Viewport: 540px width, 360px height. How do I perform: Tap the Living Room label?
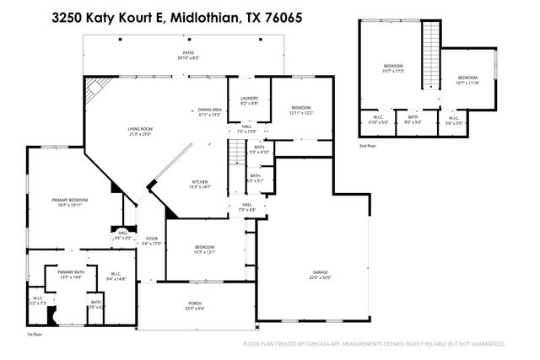(138, 131)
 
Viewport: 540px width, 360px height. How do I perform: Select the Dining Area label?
(209, 112)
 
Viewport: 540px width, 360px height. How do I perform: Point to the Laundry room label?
(248, 100)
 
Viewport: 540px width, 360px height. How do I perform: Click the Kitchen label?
(199, 185)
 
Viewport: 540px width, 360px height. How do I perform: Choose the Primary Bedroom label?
(65, 201)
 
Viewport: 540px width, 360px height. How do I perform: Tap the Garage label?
(320, 274)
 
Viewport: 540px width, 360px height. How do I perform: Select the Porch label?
(194, 306)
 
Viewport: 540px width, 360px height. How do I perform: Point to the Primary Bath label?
(70, 274)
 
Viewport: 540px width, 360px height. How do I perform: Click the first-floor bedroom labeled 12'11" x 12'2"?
(302, 110)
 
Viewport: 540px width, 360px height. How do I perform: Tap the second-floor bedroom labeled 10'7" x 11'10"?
(467, 80)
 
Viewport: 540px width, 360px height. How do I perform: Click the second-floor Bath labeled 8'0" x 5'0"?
(413, 121)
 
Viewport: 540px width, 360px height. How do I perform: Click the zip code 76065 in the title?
(285, 16)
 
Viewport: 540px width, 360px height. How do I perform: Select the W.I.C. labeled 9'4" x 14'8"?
(116, 276)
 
